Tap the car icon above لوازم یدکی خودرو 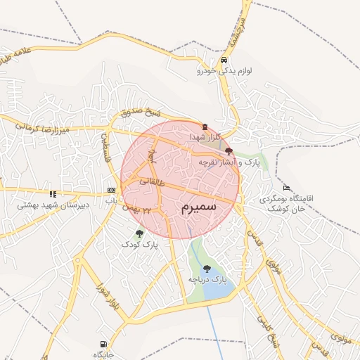(224, 60)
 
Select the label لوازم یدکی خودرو (224, 71)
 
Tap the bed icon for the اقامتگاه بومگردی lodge (285, 188)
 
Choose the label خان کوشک (289, 209)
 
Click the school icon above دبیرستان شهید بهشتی (52, 194)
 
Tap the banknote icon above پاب (110, 191)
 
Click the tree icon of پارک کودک (139, 233)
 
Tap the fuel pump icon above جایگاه (101, 345)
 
